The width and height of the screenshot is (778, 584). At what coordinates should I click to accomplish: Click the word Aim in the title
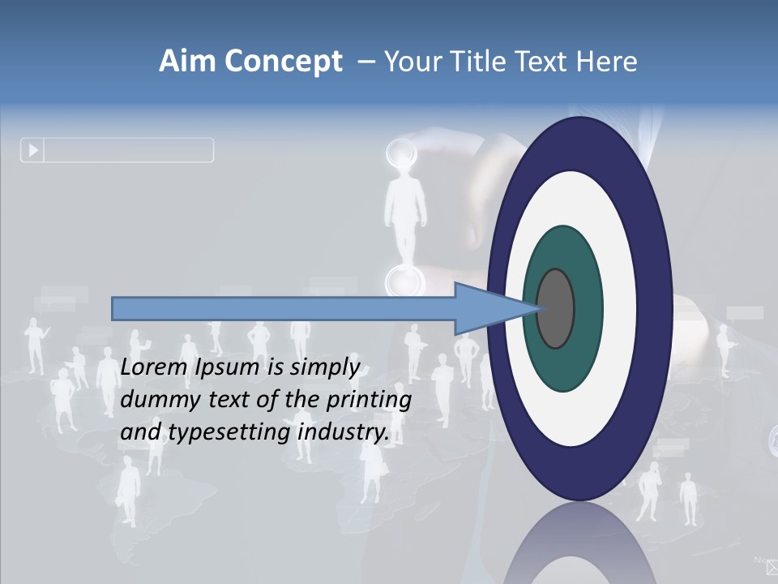[x=189, y=62]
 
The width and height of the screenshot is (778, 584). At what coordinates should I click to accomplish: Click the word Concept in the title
[x=283, y=62]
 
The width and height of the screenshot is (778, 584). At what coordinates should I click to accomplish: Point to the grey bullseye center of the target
[x=556, y=309]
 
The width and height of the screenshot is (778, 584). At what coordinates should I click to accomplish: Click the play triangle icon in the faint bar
[x=33, y=150]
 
